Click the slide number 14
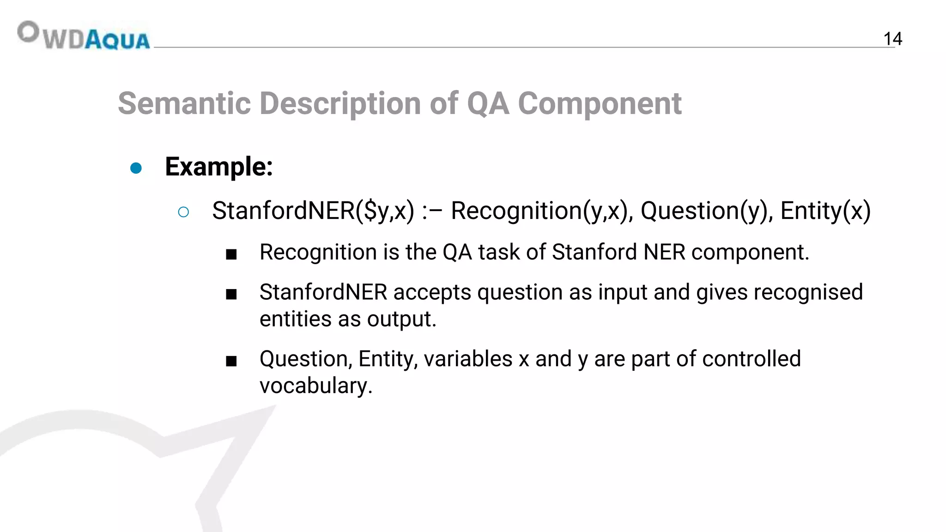892,39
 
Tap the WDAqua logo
84,36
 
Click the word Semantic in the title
184,103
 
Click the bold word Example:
218,167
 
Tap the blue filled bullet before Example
136,168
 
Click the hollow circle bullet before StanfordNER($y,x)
183,212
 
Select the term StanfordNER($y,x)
313,211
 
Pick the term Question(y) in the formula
707,211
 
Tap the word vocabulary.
315,386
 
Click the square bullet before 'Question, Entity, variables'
231,361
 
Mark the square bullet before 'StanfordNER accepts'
231,294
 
